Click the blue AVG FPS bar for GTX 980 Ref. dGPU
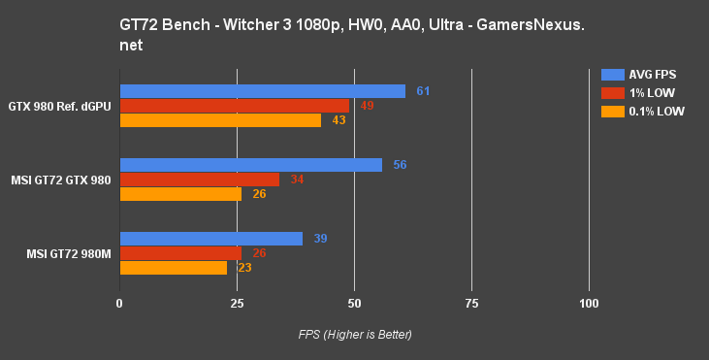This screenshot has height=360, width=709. tap(262, 91)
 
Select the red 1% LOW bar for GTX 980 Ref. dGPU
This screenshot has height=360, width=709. tap(234, 106)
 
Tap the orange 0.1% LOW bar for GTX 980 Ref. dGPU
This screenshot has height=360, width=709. tap(220, 120)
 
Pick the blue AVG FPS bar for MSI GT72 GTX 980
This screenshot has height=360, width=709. tap(250, 165)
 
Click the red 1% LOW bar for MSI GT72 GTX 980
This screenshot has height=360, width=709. tap(199, 180)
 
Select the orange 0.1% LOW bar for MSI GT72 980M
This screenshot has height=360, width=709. tap(173, 268)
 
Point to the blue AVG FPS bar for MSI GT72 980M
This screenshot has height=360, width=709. tap(210, 239)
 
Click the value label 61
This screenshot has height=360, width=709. tap(423, 91)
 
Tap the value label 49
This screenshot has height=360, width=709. tap(367, 106)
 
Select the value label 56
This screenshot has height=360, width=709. tap(400, 165)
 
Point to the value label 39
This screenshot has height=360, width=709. tap(320, 239)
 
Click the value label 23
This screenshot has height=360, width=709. tap(244, 268)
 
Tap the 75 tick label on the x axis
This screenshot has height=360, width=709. tap(471, 305)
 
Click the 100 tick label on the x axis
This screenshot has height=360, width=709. tap(589, 305)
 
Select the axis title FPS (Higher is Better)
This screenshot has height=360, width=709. tap(355, 335)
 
